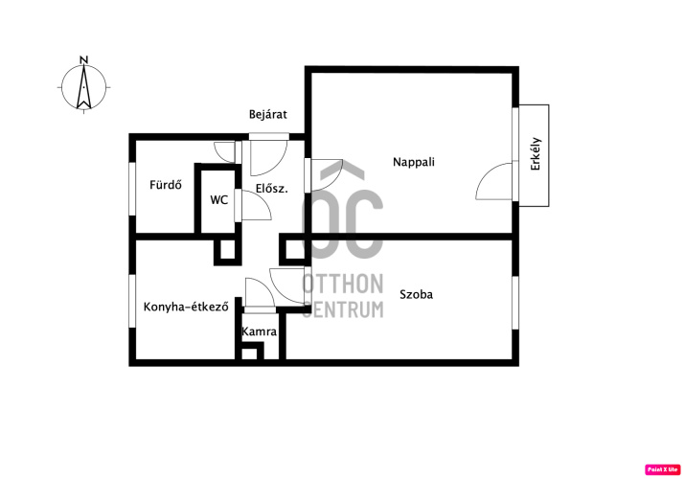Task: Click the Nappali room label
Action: point(414,162)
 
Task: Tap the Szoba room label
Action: point(417,294)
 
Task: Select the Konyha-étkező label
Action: point(186,307)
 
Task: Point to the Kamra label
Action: point(259,331)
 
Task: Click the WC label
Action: point(218,200)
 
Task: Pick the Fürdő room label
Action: point(166,185)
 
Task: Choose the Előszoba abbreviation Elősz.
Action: point(272,189)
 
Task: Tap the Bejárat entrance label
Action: point(268,114)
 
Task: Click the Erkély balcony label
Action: point(536,153)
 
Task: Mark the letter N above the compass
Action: point(84,59)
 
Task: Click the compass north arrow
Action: point(84,87)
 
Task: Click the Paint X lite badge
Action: point(662,469)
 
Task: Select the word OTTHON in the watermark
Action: point(343,284)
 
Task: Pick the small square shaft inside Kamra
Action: point(250,352)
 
